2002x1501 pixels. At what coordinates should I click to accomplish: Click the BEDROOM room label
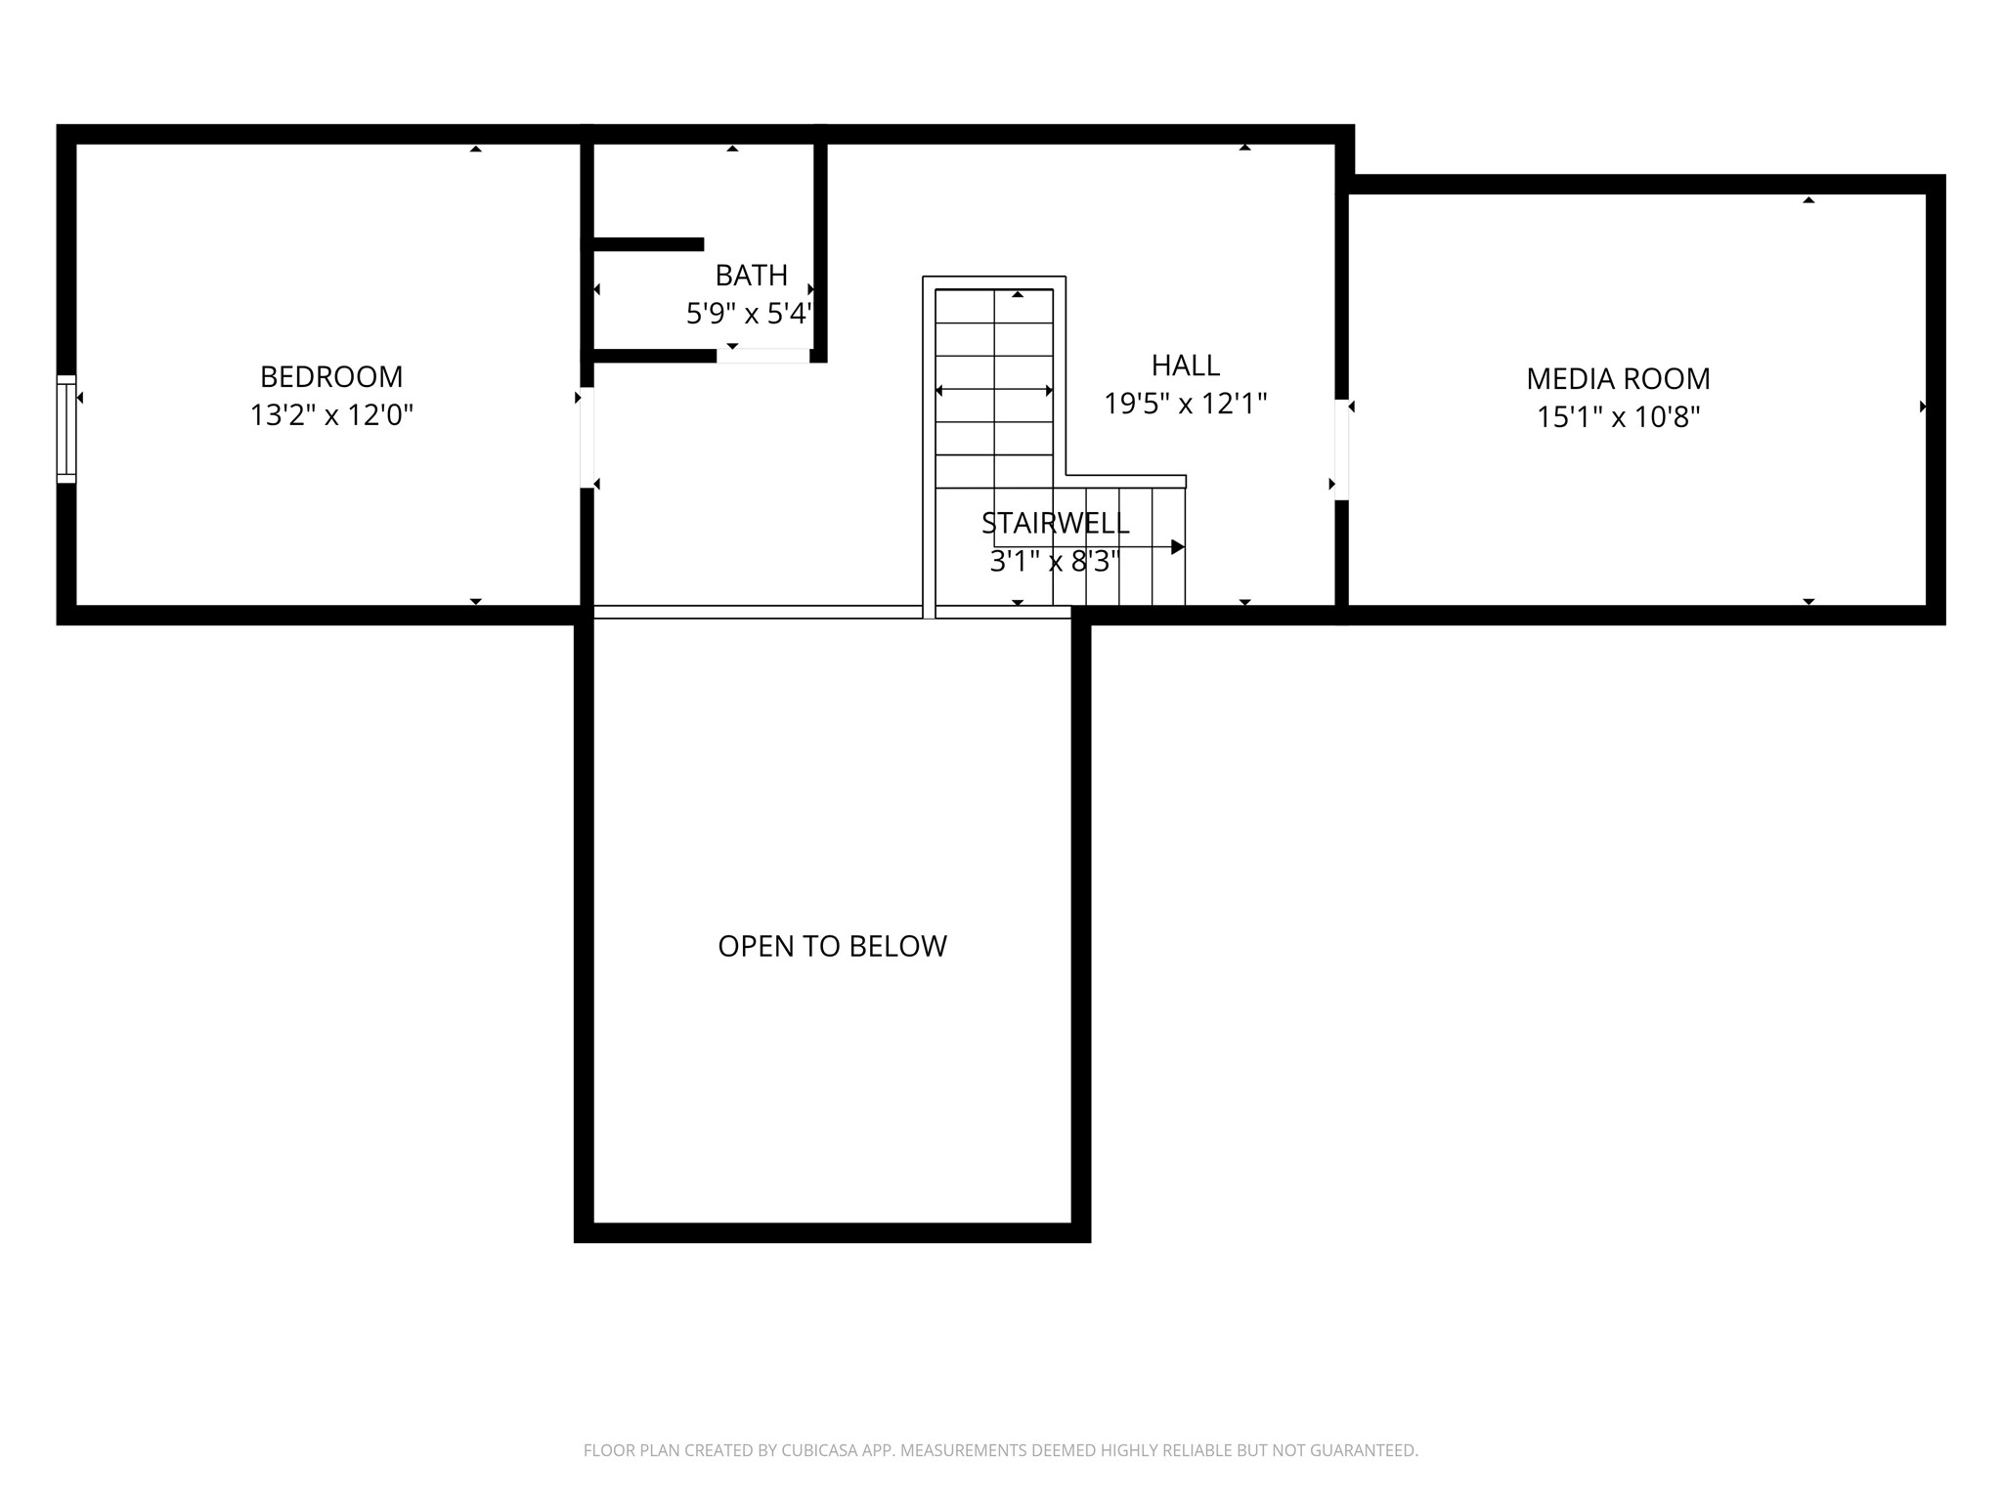click(x=331, y=376)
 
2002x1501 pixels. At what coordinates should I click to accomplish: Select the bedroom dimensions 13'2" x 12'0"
click(x=331, y=415)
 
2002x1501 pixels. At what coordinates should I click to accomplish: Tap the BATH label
click(x=751, y=276)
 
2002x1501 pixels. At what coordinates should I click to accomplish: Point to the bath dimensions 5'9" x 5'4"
click(x=749, y=314)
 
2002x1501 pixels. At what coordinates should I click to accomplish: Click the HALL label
click(x=1185, y=365)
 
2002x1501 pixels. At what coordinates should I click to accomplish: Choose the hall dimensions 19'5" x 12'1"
click(x=1185, y=404)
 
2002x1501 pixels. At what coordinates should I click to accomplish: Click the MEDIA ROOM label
click(x=1618, y=379)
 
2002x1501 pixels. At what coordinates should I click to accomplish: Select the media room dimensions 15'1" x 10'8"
click(x=1618, y=417)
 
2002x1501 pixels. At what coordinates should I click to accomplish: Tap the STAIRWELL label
click(x=1055, y=524)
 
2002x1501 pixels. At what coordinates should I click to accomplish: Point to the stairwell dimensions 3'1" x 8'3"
click(x=1054, y=562)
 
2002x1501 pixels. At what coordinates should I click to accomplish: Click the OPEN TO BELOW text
click(x=832, y=946)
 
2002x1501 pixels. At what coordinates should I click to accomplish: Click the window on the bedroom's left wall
click(x=66, y=429)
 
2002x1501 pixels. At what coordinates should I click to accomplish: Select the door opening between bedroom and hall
click(x=587, y=438)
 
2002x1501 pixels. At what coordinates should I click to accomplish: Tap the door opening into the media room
click(x=1341, y=450)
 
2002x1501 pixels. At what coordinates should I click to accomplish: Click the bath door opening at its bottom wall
click(x=762, y=356)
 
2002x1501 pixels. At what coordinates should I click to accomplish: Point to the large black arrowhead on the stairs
click(x=1177, y=547)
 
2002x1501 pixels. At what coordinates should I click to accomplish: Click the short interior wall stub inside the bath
click(x=647, y=244)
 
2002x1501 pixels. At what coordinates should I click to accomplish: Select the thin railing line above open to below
click(x=758, y=612)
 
